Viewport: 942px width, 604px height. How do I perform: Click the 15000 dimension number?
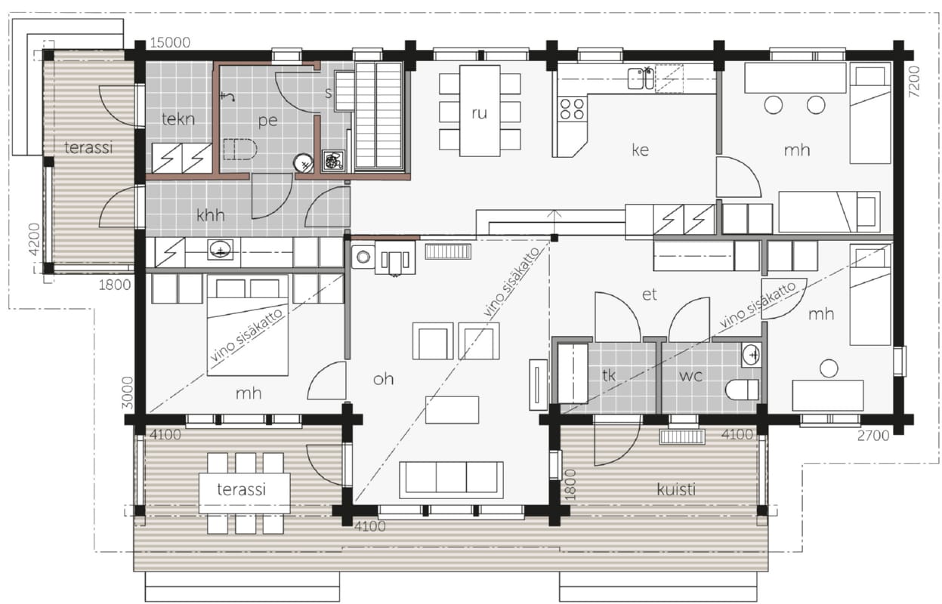tap(170, 42)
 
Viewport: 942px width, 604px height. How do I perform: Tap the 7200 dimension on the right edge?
tap(914, 82)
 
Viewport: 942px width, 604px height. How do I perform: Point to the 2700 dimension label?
tap(873, 436)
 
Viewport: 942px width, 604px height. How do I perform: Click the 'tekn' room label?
tap(178, 119)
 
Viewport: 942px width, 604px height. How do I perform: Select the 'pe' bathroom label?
tap(268, 122)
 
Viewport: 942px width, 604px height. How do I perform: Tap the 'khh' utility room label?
tap(210, 215)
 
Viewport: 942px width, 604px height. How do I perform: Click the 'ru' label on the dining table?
tap(480, 113)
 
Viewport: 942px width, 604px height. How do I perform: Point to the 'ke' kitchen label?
tap(640, 149)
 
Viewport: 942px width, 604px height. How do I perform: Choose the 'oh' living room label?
tap(383, 379)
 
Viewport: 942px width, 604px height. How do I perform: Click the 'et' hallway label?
tap(650, 294)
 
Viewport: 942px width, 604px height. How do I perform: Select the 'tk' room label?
tap(609, 375)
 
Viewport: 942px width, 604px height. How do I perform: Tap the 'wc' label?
tap(690, 376)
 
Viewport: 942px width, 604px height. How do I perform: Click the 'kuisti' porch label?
tap(676, 489)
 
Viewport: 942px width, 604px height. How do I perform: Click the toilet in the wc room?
tap(743, 390)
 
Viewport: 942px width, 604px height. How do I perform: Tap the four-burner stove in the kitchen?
tap(572, 109)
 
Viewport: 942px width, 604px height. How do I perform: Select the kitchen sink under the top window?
tap(641, 79)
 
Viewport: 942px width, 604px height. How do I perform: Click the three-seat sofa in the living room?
tap(451, 480)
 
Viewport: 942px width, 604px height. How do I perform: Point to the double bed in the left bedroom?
tap(248, 325)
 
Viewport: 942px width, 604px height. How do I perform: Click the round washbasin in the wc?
tap(751, 355)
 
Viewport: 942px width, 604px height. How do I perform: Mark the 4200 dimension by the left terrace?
tap(35, 239)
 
